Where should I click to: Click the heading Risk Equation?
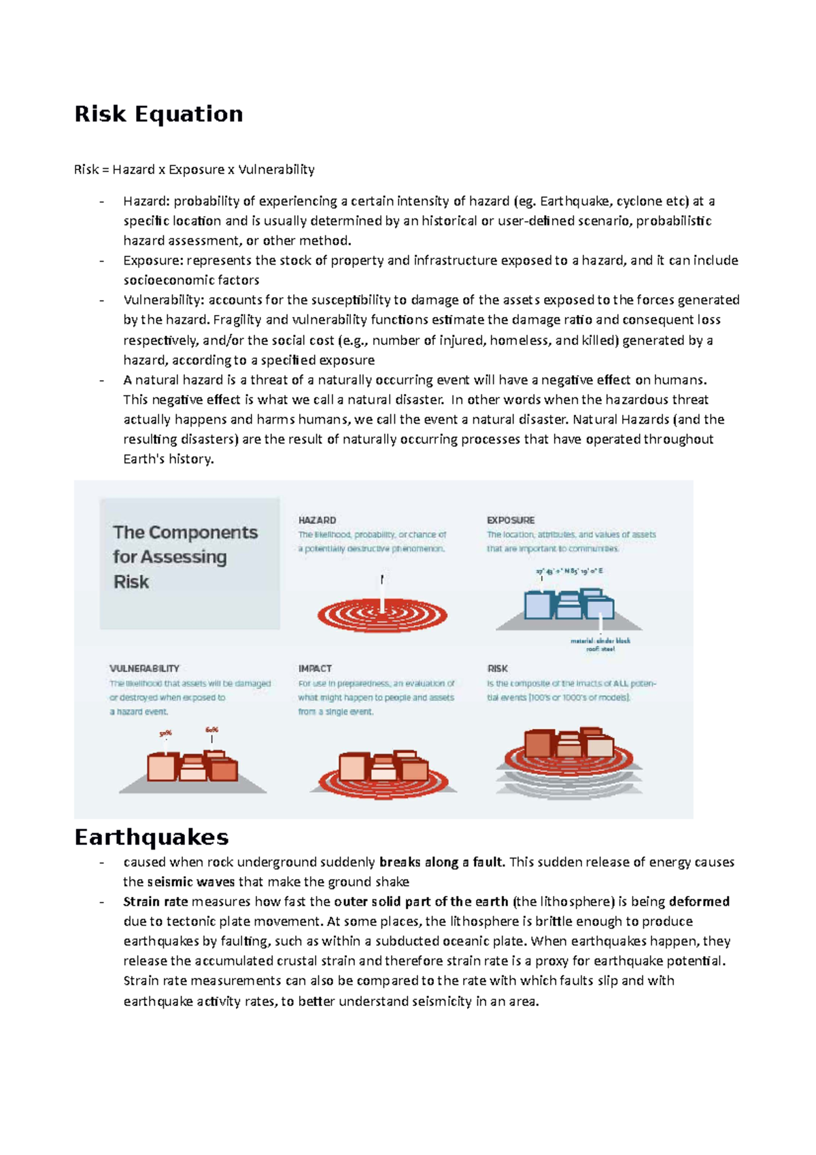158,114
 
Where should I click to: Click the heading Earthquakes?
151,837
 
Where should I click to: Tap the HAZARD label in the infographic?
317,520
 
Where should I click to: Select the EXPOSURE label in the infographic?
510,520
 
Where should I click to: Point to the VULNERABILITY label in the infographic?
144,668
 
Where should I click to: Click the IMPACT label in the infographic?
315,668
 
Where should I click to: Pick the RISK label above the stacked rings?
497,668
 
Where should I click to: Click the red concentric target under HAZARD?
382,616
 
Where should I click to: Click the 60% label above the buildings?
211,730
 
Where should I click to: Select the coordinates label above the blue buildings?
569,571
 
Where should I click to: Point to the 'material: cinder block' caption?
600,641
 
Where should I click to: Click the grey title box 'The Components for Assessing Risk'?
190,563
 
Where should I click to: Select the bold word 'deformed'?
699,901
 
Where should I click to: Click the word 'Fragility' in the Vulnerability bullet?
237,320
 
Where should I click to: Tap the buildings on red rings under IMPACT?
383,769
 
